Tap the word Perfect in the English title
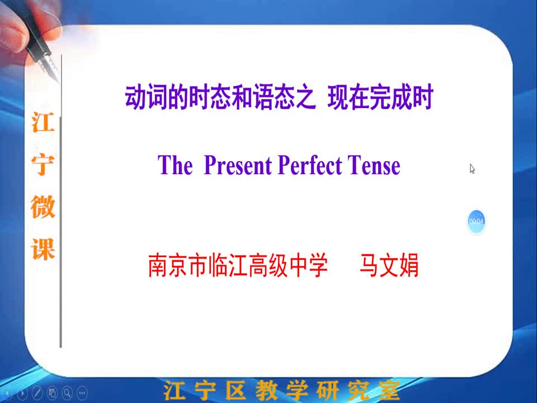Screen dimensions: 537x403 click(x=310, y=165)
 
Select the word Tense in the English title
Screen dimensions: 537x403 click(x=374, y=166)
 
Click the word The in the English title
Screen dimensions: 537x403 click(x=175, y=165)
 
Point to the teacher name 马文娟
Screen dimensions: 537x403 click(x=389, y=265)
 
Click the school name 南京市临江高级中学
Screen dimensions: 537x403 click(x=238, y=265)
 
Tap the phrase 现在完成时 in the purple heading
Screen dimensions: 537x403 click(x=380, y=97)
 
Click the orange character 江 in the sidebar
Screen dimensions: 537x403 click(x=43, y=122)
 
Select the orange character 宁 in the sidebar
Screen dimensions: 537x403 click(x=43, y=165)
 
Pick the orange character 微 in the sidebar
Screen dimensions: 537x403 click(x=43, y=207)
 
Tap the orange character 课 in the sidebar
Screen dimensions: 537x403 click(x=43, y=249)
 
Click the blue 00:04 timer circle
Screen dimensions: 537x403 click(x=476, y=222)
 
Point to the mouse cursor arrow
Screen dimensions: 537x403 click(x=472, y=168)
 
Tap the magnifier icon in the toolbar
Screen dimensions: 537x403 click(x=68, y=393)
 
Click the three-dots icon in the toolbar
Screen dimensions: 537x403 click(x=82, y=393)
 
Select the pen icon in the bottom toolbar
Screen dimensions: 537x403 click(x=37, y=393)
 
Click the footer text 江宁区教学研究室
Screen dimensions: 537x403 click(x=281, y=390)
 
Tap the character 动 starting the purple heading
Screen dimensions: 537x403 click(x=135, y=97)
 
